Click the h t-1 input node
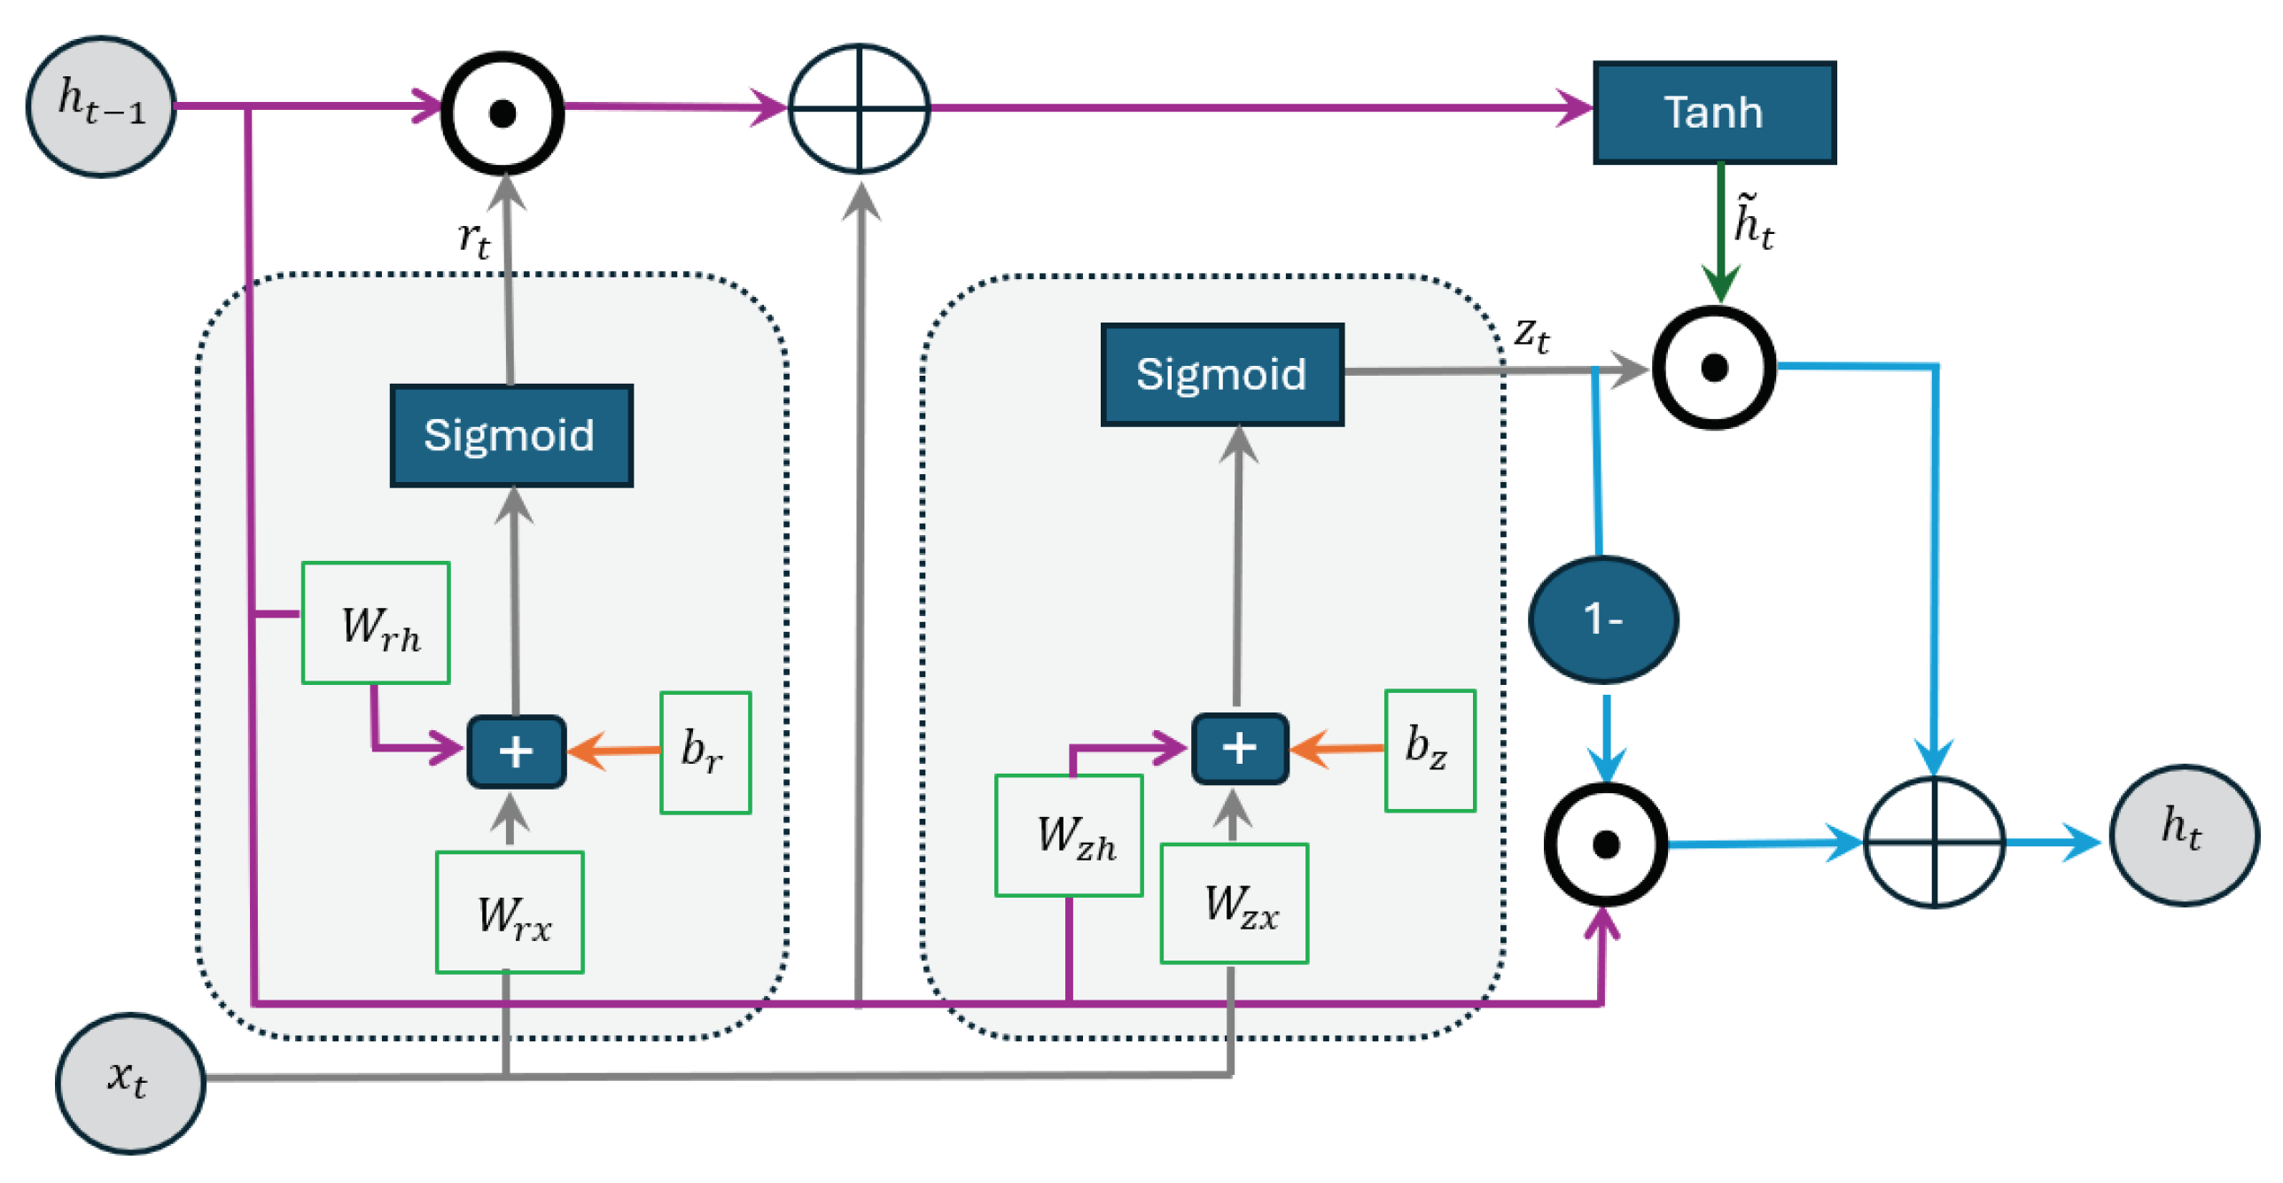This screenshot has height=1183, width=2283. (x=100, y=106)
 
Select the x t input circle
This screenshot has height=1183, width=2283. (x=130, y=1082)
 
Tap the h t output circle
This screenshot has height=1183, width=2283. (x=2184, y=835)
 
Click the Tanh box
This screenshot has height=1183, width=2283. (x=1714, y=113)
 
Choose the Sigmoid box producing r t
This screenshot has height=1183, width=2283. (x=511, y=435)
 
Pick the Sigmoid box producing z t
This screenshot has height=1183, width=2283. (x=1222, y=374)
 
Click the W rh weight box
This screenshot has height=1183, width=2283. (x=376, y=622)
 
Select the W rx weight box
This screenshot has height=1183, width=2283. (x=510, y=912)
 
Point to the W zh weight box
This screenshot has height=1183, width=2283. (x=1069, y=835)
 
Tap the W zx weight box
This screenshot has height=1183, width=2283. (x=1235, y=903)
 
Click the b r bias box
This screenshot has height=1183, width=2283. (x=705, y=751)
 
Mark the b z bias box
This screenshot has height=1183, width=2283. (x=1430, y=750)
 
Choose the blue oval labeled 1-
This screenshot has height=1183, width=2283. (x=1603, y=619)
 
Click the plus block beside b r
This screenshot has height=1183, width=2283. (x=516, y=751)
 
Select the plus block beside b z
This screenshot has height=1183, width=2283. (x=1239, y=749)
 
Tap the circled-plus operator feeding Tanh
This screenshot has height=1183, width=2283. (x=859, y=108)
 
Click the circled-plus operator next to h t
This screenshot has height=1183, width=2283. (x=1935, y=842)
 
